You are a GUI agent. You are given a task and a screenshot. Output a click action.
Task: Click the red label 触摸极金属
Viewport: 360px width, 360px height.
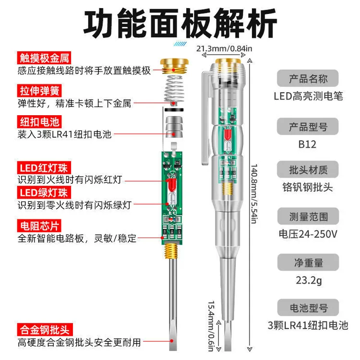pyautogui.click(x=44, y=58)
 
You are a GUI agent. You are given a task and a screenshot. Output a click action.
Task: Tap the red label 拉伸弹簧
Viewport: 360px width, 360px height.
pyautogui.click(x=39, y=90)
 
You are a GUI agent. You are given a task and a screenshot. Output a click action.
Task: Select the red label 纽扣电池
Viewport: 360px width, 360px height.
pyautogui.click(x=39, y=122)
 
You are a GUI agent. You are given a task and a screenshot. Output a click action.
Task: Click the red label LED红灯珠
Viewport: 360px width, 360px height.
pyautogui.click(x=44, y=168)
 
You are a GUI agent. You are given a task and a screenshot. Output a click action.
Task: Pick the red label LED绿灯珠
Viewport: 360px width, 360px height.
pyautogui.click(x=44, y=192)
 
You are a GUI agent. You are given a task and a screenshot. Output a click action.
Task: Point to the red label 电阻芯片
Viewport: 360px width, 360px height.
pyautogui.click(x=39, y=226)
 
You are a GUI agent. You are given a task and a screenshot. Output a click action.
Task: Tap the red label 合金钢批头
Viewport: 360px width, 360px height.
pyautogui.click(x=45, y=330)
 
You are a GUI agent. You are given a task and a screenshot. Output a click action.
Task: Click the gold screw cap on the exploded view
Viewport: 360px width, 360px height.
pyautogui.click(x=174, y=66)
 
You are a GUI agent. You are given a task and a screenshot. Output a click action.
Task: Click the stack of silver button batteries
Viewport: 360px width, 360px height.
pyautogui.click(x=174, y=127)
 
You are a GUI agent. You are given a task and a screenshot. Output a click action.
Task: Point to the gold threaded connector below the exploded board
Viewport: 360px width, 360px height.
pyautogui.click(x=171, y=251)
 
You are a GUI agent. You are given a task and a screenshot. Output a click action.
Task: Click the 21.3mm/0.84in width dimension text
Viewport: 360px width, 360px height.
pyautogui.click(x=224, y=48)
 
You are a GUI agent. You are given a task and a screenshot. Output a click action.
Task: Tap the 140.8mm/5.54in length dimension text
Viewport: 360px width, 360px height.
pyautogui.click(x=254, y=193)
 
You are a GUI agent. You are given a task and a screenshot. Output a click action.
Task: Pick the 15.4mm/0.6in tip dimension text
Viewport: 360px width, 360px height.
pyautogui.click(x=211, y=326)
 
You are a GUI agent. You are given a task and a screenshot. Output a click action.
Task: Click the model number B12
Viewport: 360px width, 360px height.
pyautogui.click(x=307, y=144)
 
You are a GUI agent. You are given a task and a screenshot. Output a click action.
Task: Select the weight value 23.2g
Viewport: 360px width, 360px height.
pyautogui.click(x=309, y=281)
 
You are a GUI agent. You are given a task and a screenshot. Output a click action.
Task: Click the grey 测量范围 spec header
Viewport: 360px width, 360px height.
pyautogui.click(x=308, y=216)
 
